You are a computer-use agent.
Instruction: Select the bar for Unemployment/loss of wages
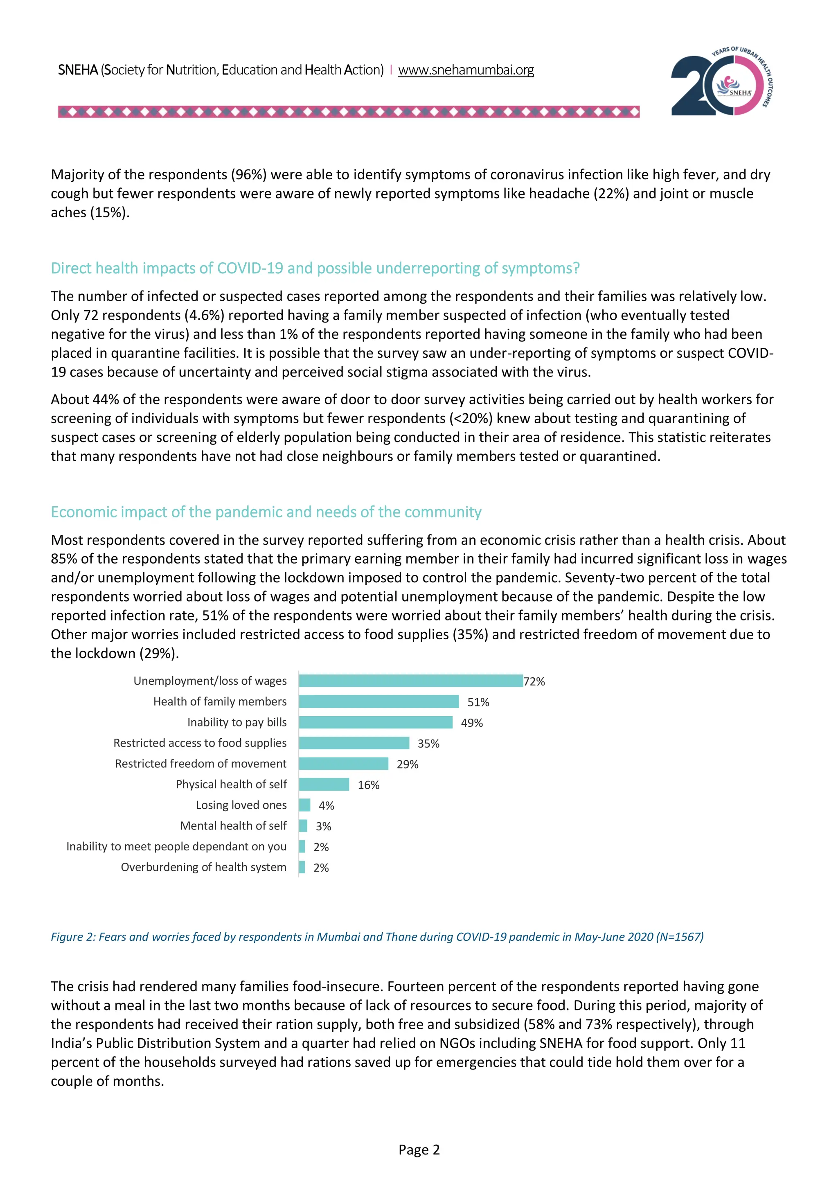pos(410,681)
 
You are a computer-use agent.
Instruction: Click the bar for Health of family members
pos(378,701)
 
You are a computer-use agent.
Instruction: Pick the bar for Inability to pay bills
pos(375,722)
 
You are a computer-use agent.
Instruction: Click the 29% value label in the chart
pos(408,764)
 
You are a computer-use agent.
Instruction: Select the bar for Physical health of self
pos(324,784)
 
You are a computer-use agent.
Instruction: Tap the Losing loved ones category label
pos(241,805)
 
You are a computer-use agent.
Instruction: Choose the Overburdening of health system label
pos(203,867)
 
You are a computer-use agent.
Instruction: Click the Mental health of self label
pos(233,825)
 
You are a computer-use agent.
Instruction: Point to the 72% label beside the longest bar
pos(534,681)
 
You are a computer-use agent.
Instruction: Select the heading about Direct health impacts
pos(315,268)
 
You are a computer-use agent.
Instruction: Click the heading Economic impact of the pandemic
pos(266,512)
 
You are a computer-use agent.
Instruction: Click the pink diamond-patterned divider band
pos(349,112)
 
